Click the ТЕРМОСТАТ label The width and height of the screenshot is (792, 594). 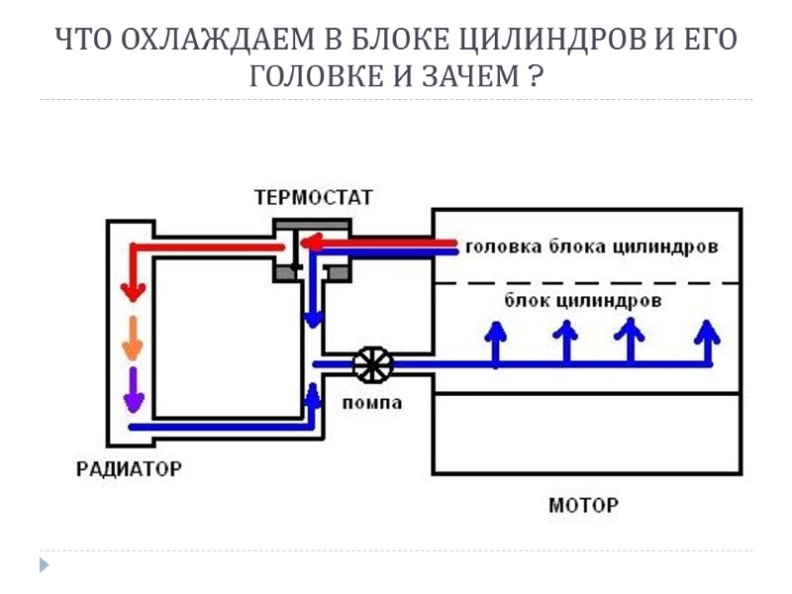pos(314,198)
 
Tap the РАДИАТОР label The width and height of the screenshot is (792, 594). pos(129,467)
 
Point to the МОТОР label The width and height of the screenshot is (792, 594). pos(584,505)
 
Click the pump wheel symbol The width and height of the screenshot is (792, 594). pos(373,365)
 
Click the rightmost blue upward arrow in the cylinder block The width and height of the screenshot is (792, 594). pos(707,342)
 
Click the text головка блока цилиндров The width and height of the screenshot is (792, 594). pos(591,247)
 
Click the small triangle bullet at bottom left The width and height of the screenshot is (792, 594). pos(44,565)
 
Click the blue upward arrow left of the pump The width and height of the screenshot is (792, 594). pos(314,396)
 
